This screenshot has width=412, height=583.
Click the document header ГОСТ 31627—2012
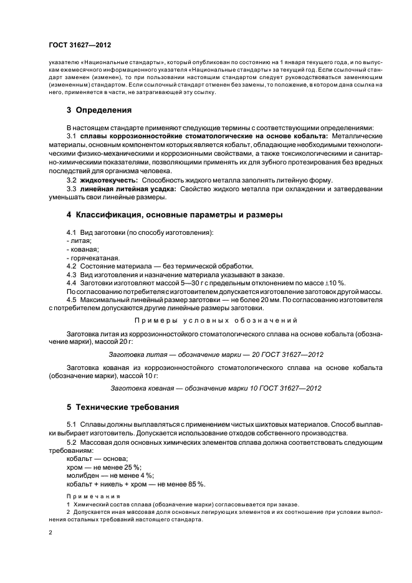[80, 45]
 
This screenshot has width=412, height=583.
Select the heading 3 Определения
[98, 111]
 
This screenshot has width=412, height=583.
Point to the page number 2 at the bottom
[50, 533]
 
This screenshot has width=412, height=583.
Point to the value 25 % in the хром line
[132, 467]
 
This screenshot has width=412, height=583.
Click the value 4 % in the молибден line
[146, 476]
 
